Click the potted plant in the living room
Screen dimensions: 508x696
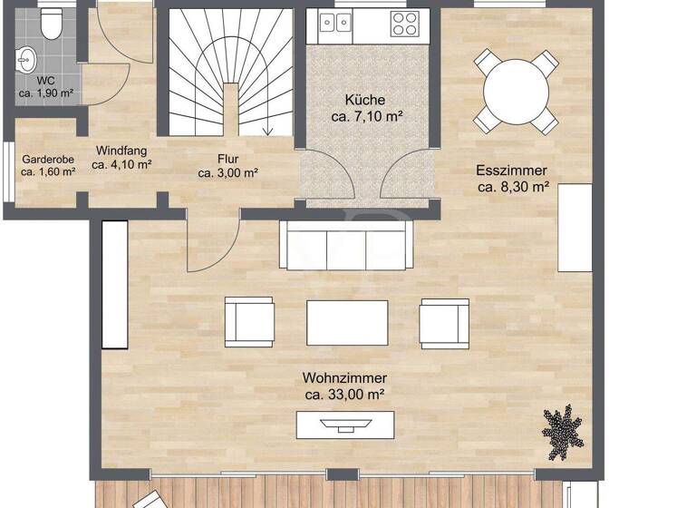[564, 431]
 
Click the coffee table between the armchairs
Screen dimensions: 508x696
[346, 323]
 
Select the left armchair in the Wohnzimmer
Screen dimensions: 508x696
[249, 322]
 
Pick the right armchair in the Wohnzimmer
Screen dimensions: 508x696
[444, 322]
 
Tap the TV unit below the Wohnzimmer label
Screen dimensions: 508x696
[346, 425]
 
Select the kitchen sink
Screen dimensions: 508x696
[333, 22]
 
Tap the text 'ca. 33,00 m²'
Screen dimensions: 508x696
[346, 395]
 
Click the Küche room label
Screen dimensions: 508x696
[365, 100]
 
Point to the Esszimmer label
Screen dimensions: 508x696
[513, 170]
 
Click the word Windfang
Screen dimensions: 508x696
[121, 151]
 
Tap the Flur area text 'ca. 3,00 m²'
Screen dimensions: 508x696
[228, 173]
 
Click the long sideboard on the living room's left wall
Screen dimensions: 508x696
[114, 285]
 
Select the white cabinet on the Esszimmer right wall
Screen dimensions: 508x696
[575, 228]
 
